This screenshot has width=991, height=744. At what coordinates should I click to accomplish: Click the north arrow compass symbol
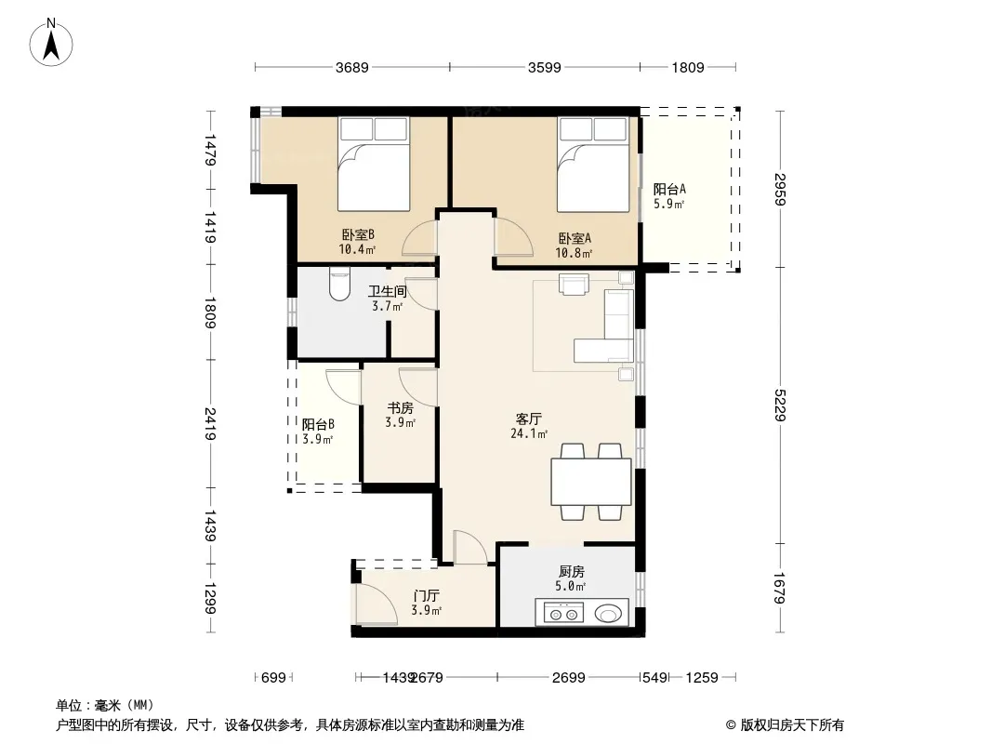[x=51, y=43]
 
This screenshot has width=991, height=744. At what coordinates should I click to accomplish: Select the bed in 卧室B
[x=373, y=164]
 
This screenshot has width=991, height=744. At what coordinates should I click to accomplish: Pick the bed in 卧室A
[x=593, y=164]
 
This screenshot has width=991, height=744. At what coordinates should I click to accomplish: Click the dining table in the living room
[x=591, y=482]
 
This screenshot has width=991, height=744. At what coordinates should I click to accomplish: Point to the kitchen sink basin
[x=609, y=613]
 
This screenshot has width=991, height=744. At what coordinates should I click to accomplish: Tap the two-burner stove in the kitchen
[x=563, y=613]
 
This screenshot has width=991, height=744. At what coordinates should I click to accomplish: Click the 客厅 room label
[x=528, y=419]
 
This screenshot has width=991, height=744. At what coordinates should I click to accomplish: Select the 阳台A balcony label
[x=669, y=189]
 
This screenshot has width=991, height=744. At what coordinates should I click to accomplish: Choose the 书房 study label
[x=400, y=408]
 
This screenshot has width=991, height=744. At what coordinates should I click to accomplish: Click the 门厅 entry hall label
[x=426, y=595]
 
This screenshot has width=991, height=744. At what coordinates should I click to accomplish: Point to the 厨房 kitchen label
[x=572, y=571]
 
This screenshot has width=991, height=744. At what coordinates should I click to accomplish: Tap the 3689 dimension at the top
[x=352, y=67]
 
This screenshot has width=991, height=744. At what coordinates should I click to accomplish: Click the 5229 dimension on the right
[x=780, y=405]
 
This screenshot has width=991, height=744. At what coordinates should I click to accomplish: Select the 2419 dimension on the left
[x=210, y=424]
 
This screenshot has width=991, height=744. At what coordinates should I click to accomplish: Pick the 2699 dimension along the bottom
[x=569, y=678]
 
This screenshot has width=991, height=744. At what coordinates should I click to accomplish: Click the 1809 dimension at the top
[x=688, y=67]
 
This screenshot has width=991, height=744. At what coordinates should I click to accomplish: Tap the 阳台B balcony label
[x=318, y=425]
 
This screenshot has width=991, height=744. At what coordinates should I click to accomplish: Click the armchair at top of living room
[x=574, y=284]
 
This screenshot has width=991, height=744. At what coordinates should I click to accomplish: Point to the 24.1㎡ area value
[x=529, y=433]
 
